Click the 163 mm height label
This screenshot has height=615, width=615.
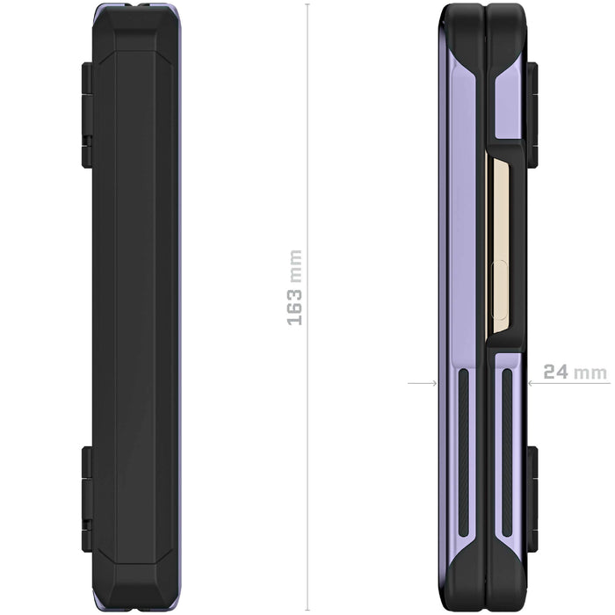coord(294,287)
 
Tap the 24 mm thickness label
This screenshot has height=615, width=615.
coord(575,372)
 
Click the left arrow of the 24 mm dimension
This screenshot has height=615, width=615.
coord(423,383)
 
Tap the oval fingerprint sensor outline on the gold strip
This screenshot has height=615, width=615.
coord(499,288)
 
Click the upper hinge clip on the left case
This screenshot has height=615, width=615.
coord(87,115)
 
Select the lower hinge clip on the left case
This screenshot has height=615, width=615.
coord(87,499)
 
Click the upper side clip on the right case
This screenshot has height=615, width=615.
coord(532,115)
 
